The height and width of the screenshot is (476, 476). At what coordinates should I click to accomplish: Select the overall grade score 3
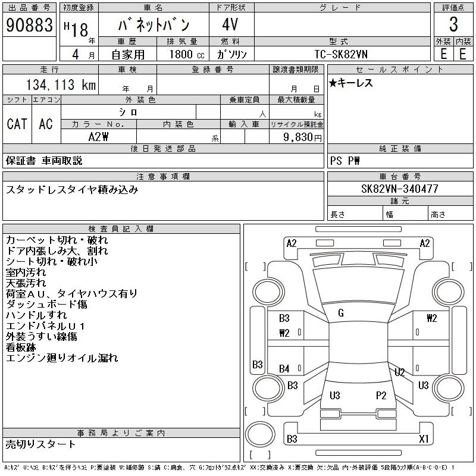point(453,25)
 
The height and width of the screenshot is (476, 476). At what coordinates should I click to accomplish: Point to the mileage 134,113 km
point(59,85)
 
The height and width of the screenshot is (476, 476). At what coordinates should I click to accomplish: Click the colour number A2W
point(98,137)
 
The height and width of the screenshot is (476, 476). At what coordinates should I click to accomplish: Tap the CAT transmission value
point(17,124)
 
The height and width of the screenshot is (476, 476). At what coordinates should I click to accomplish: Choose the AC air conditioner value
point(46,124)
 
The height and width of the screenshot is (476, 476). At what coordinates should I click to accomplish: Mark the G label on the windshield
point(341,313)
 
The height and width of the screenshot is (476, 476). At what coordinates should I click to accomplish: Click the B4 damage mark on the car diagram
point(284,369)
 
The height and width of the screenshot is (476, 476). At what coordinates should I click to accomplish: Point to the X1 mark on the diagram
point(424,439)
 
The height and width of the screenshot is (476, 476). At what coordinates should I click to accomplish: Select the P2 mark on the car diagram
point(381,395)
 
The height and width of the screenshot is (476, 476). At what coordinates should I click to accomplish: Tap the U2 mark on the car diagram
point(400,372)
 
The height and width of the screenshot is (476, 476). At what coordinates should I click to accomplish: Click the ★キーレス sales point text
point(351,83)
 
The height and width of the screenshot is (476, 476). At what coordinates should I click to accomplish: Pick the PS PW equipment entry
point(345,161)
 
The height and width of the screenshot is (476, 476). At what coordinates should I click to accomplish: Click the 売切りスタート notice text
point(41,444)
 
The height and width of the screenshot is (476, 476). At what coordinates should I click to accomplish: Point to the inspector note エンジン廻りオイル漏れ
point(62,358)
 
